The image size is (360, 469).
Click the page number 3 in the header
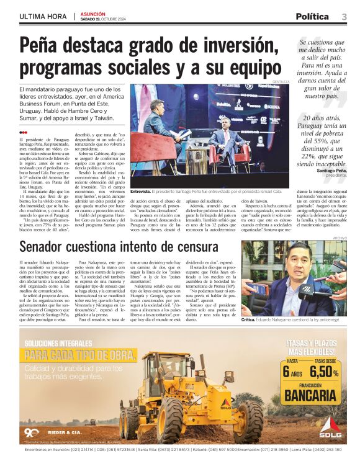click(344, 17)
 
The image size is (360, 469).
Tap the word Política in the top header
click(317, 17)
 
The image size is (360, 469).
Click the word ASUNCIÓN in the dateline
click(92, 14)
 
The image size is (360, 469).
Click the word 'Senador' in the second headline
click(50, 247)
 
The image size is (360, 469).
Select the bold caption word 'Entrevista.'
click(144, 193)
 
